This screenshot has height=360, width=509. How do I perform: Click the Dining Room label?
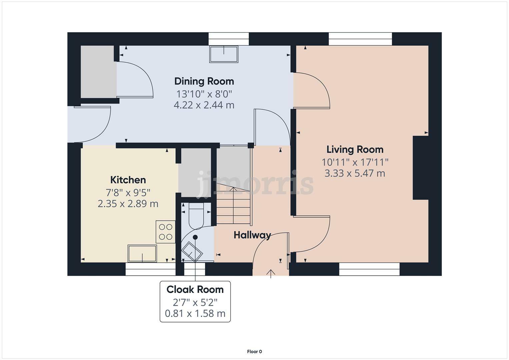pyautogui.click(x=204, y=82)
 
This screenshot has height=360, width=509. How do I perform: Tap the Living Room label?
pyautogui.click(x=355, y=150)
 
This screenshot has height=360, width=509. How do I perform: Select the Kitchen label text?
pyautogui.click(x=128, y=180)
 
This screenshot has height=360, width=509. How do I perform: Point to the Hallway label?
pyautogui.click(x=252, y=235)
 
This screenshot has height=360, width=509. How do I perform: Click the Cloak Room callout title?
pyautogui.click(x=195, y=290)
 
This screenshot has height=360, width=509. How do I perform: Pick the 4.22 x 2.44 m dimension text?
pyautogui.click(x=204, y=105)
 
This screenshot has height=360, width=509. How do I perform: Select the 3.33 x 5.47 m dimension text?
pyautogui.click(x=355, y=173)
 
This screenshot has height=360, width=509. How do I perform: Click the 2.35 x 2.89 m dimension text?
pyautogui.click(x=128, y=204)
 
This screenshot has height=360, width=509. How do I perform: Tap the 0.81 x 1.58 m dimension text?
pyautogui.click(x=195, y=314)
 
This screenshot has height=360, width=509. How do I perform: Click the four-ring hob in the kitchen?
pyautogui.click(x=165, y=232)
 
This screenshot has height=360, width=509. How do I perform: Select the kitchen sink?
pyautogui.click(x=142, y=253)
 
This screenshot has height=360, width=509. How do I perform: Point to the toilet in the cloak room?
pyautogui.click(x=196, y=216)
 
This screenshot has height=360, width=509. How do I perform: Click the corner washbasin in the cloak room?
pyautogui.click(x=192, y=252)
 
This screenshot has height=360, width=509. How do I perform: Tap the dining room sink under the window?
pyautogui.click(x=224, y=54)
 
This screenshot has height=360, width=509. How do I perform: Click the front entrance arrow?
pyautogui.click(x=271, y=274)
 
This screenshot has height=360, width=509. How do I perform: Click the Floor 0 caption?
pyautogui.click(x=255, y=352)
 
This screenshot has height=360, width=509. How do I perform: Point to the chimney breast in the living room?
pyautogui.click(x=421, y=168)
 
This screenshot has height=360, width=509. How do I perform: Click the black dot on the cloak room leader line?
pyautogui.click(x=195, y=237)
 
